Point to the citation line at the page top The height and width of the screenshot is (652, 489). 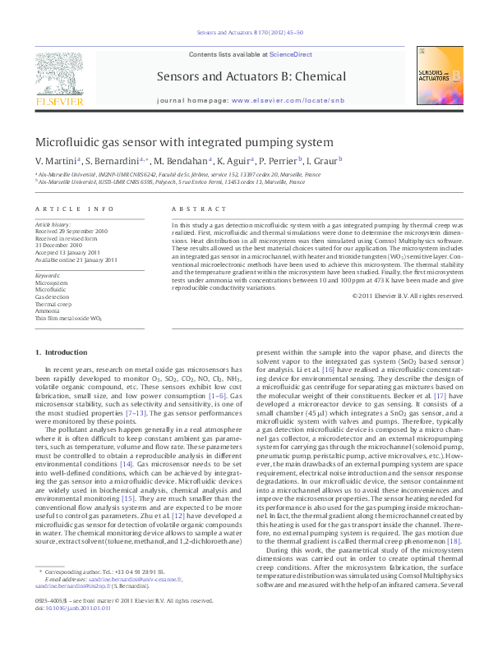coord(244,33)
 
